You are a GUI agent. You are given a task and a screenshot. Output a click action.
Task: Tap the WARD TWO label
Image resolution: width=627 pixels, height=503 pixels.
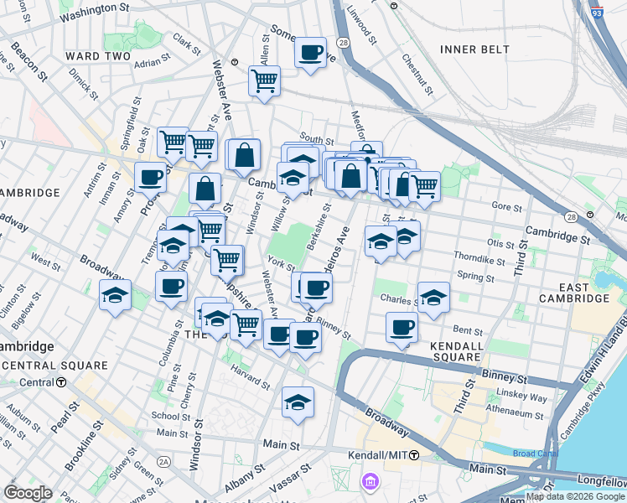tap(97, 56)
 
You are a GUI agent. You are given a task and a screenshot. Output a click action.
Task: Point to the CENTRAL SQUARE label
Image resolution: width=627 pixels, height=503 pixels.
tap(55, 366)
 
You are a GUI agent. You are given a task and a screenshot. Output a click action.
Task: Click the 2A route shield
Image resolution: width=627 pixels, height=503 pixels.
tap(163, 461)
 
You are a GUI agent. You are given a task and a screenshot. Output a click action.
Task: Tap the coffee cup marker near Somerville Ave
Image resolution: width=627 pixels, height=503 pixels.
tap(310, 54)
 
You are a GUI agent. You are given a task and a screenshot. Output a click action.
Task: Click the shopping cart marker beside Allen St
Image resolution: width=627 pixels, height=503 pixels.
tap(264, 82)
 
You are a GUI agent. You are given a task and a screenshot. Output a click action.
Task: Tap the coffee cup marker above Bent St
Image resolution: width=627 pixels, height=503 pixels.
tap(402, 328)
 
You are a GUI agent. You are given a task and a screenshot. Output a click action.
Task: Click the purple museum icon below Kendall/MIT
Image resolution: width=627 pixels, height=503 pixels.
tap(369, 482)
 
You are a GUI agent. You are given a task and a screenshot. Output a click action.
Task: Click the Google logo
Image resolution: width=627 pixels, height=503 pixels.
tap(28, 493)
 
